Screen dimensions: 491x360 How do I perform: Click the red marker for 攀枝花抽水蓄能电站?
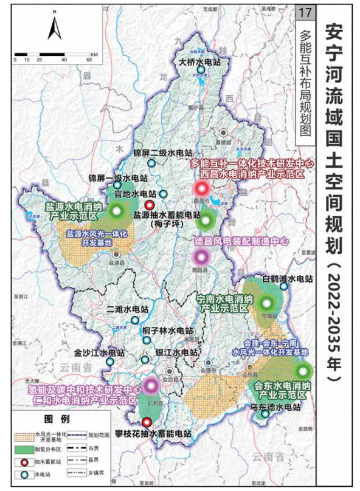coord(147,422)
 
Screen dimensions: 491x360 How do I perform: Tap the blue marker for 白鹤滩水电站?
coord(284,287)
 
